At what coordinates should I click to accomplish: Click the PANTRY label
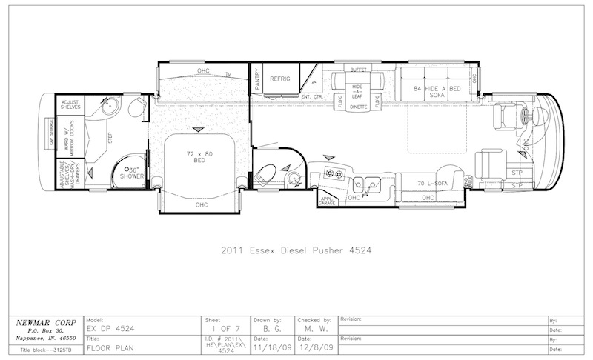point(257,80)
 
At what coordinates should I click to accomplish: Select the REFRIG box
point(279,79)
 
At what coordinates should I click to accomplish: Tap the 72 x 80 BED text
point(198,158)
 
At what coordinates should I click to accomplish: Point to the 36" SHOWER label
point(133,173)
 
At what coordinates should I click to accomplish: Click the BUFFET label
point(359,70)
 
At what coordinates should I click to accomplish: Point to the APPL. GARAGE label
point(326,199)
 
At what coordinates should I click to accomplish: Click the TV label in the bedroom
point(229,74)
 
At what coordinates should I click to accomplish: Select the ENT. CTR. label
point(311,96)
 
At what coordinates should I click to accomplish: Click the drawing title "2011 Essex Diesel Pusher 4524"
point(296,250)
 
